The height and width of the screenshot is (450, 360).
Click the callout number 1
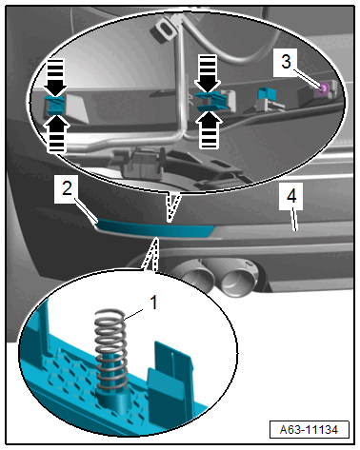153,303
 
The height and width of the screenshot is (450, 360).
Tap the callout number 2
67,188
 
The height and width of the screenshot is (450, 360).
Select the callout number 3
286,61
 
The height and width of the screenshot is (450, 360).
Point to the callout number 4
291,196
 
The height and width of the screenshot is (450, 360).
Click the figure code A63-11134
309,430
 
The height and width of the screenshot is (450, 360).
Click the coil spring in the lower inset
110,350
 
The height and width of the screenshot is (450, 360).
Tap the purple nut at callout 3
324,88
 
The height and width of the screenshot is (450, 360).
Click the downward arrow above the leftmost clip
55,77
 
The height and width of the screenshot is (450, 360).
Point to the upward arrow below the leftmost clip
57,134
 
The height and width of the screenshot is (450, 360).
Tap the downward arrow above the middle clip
208,72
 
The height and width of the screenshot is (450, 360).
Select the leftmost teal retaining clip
55,106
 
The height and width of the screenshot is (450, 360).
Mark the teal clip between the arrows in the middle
211,101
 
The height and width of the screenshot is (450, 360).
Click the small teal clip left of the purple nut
266,94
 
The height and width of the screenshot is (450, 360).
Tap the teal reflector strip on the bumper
153,229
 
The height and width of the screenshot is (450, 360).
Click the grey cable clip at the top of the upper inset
165,28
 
